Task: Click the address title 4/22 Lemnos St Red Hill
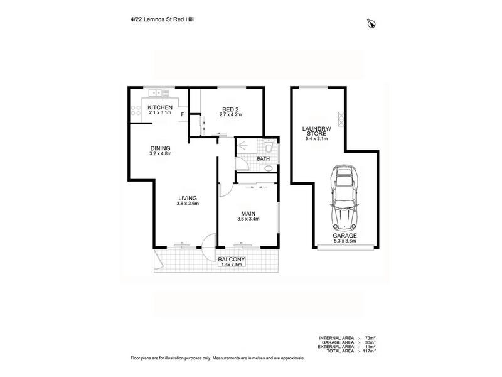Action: point(158,19)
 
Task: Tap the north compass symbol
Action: point(371,24)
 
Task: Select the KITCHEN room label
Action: point(159,107)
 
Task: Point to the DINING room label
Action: point(161,148)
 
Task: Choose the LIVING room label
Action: point(187,199)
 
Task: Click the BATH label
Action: point(264,159)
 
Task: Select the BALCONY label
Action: point(231,259)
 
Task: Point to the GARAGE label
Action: point(348,236)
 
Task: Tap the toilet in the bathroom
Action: point(267,148)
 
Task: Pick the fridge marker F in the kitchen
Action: point(182,115)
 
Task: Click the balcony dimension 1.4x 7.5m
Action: point(232,265)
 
